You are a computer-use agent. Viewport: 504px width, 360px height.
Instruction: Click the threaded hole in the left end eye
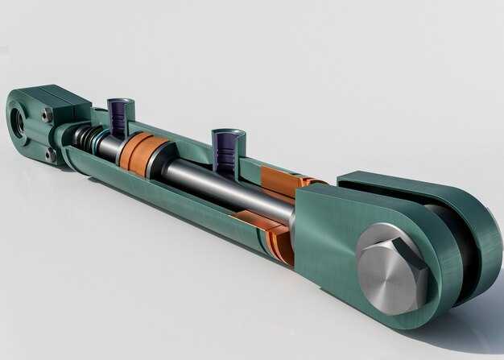pyautogui.click(x=19, y=121)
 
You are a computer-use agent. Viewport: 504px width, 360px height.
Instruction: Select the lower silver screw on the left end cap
pyautogui.click(x=51, y=152)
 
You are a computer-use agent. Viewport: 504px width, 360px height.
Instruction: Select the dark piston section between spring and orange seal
pyautogui.click(x=110, y=147)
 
